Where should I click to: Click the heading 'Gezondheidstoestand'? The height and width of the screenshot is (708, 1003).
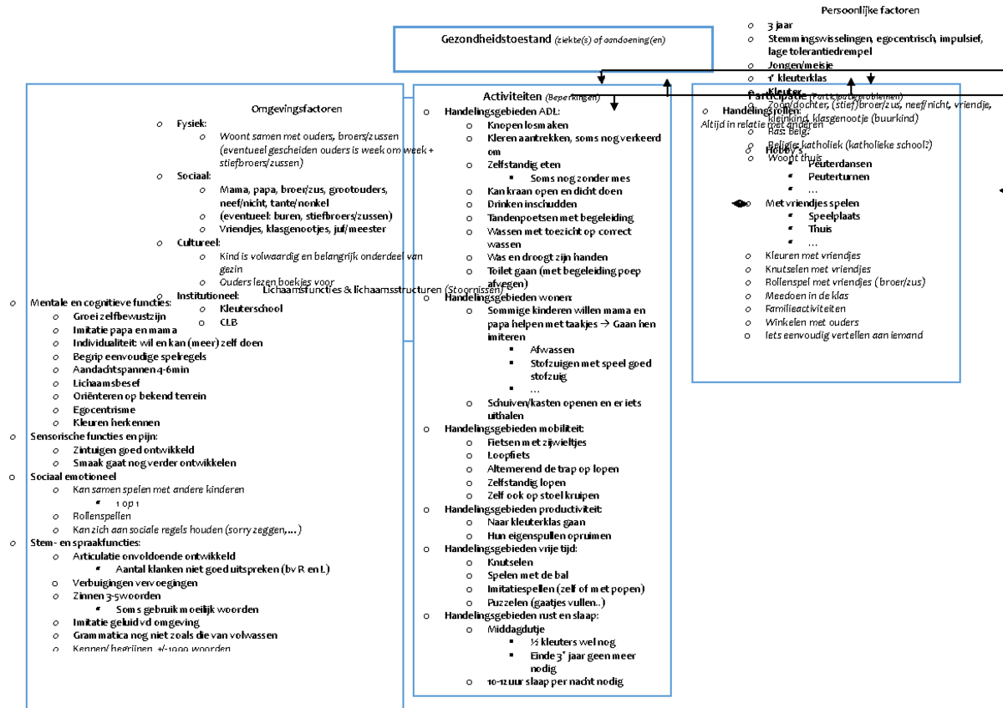click(496, 39)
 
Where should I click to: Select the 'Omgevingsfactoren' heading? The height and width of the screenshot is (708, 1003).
click(297, 109)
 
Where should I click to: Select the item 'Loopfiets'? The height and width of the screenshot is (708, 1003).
click(508, 455)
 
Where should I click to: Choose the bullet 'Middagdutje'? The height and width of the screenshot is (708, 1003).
click(516, 629)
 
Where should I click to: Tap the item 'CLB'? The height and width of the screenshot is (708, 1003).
click(228, 321)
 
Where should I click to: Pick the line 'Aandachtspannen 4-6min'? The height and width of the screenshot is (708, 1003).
click(130, 369)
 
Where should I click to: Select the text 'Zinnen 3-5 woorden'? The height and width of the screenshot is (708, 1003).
click(116, 596)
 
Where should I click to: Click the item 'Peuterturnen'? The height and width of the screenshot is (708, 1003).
click(838, 177)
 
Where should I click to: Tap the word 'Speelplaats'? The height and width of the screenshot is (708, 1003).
click(834, 216)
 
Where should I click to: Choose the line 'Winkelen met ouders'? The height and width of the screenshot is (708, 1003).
click(812, 322)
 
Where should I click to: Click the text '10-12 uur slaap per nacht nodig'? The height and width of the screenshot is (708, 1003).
click(555, 682)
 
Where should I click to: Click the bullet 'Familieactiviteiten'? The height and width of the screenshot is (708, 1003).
click(805, 309)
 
